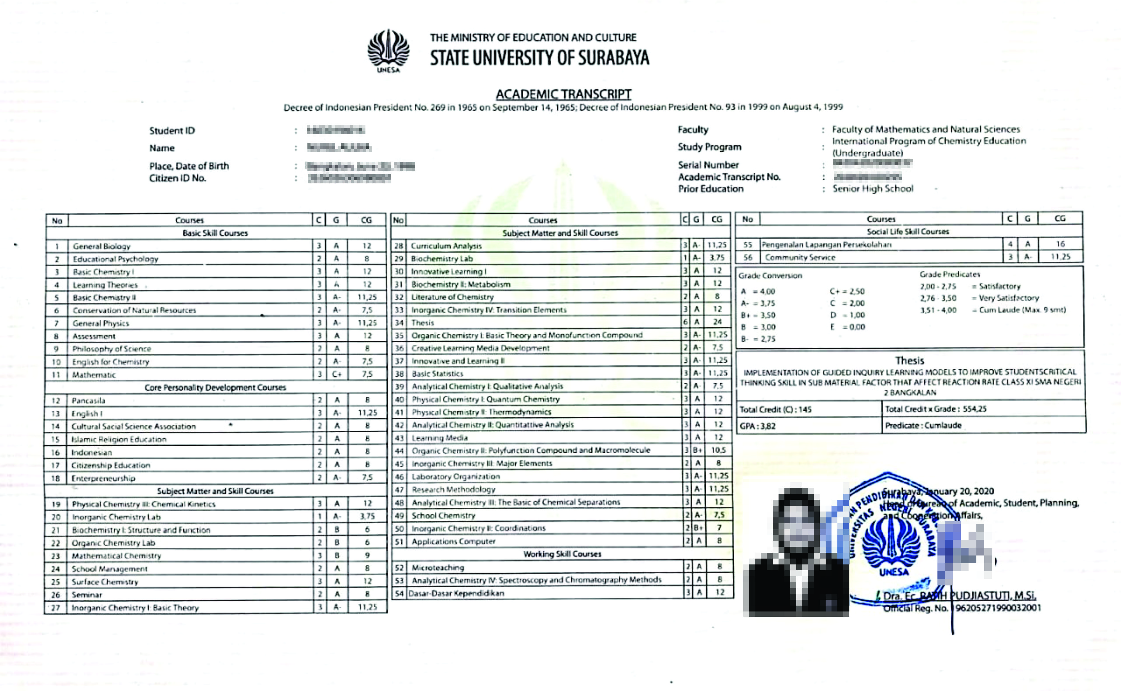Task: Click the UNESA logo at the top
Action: pos(388,51)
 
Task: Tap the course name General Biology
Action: pos(101,246)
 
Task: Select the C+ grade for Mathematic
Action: pos(337,374)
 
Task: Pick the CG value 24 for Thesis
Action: pos(717,322)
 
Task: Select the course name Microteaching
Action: pos(438,568)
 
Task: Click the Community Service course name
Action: pos(800,257)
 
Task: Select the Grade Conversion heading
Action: pos(770,276)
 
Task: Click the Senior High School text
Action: pos(872,189)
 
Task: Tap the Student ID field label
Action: pos(172,131)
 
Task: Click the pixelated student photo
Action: pos(796,551)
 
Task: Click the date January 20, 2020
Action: pos(959,491)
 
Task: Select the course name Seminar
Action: pos(86,595)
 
